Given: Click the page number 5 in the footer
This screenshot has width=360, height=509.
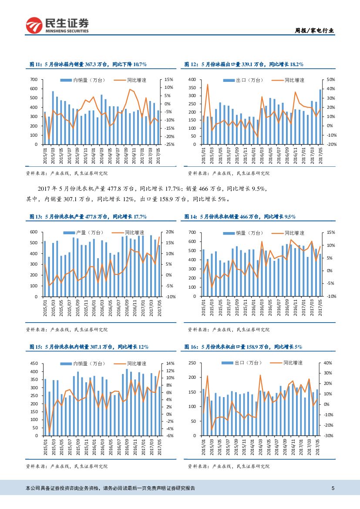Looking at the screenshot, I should [x=333, y=488].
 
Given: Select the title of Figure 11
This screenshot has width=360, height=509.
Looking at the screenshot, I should [x=88, y=64].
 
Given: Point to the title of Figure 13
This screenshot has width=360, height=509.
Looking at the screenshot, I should [x=88, y=216].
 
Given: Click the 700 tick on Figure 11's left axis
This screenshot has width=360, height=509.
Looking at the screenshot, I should [x=34, y=80].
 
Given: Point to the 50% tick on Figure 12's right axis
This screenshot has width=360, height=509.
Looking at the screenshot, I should [x=330, y=80].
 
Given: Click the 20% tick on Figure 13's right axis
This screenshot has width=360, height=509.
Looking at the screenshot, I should [x=170, y=232].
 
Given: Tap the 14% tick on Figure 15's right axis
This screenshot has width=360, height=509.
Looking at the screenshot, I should [x=170, y=363].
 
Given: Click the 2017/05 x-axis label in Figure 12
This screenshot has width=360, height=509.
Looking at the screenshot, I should [x=321, y=155].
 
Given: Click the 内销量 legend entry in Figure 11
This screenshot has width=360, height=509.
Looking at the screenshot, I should [x=83, y=80].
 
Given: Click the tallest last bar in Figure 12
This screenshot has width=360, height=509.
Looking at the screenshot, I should [x=321, y=117].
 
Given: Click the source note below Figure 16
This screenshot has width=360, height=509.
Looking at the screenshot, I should [x=229, y=466].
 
